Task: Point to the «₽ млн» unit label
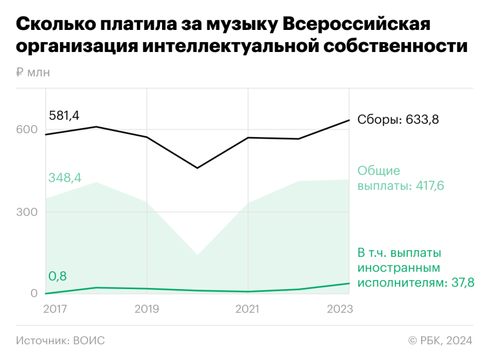[x=33, y=73]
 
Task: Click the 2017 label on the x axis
[x=56, y=309]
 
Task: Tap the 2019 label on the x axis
[x=147, y=309]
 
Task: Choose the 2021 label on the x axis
[x=248, y=309]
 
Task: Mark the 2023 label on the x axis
[x=339, y=309]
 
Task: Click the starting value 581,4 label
[x=64, y=116]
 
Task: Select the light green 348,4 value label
[x=64, y=178]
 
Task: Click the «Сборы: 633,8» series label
[x=398, y=120]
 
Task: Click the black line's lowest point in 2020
[x=197, y=167]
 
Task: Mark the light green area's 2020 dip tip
[x=197, y=255]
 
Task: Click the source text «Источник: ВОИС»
[x=60, y=340]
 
